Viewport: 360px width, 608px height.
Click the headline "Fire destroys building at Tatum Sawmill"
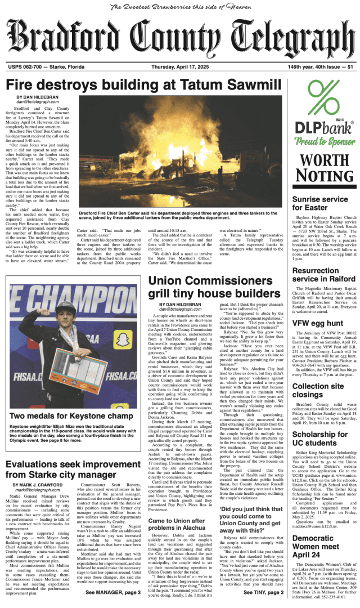tap(143, 86)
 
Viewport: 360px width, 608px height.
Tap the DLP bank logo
tap(325, 127)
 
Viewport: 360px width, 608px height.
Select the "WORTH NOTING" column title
tap(325, 169)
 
